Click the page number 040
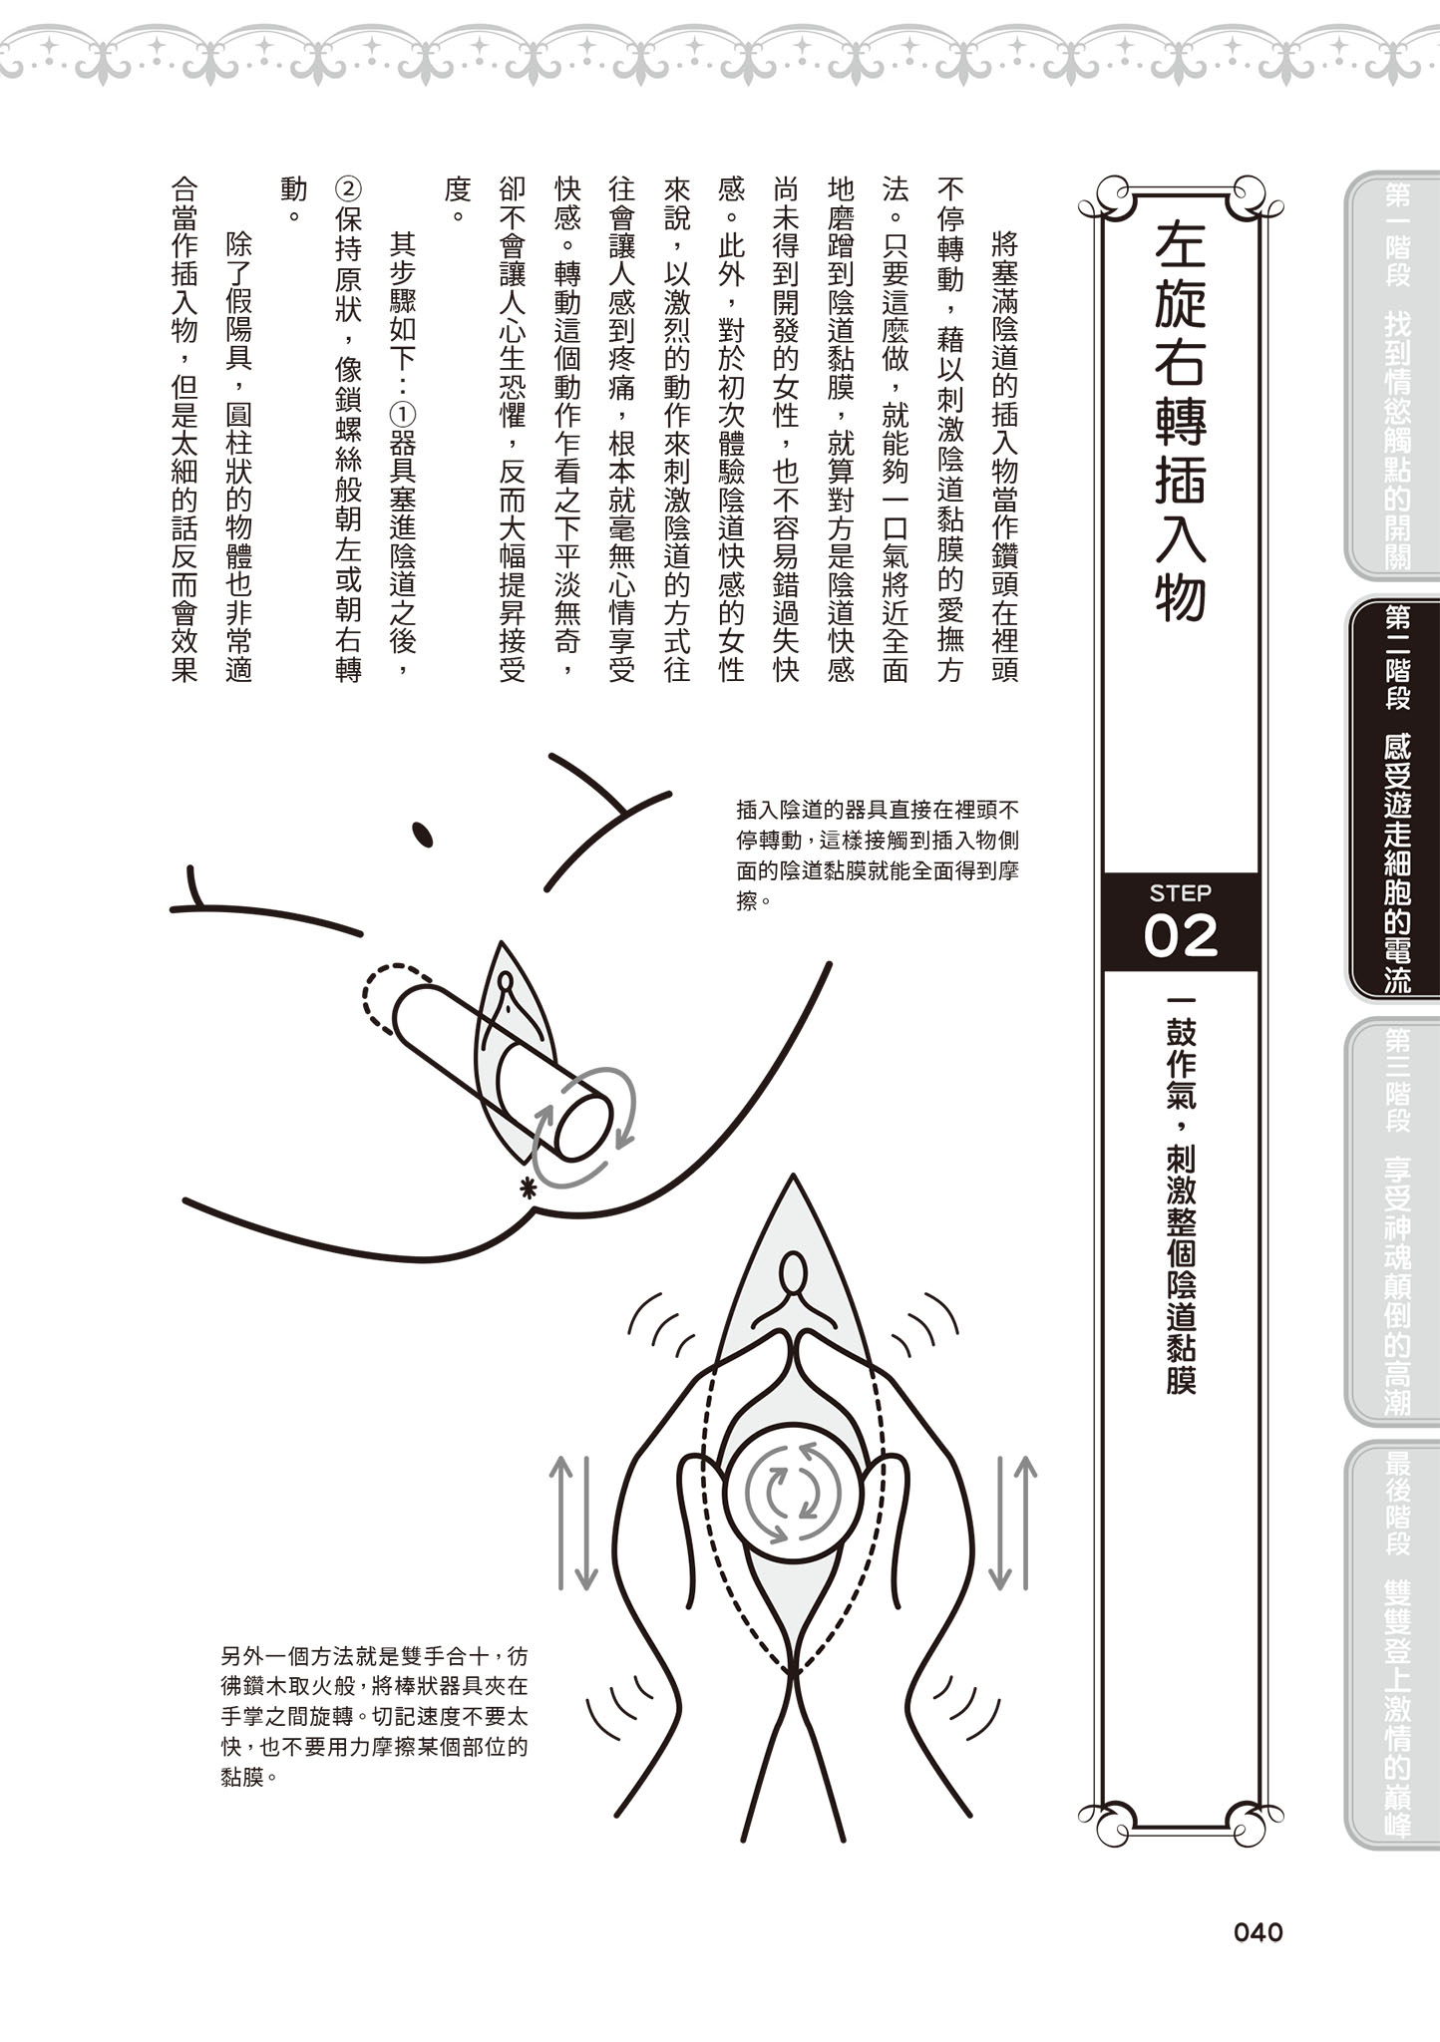coord(1258,1932)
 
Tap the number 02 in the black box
coord(1181,935)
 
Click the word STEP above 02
coord(1181,892)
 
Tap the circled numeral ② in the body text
coord(348,188)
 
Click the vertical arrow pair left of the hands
coord(574,1522)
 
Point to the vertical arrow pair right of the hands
coord(1011,1522)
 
